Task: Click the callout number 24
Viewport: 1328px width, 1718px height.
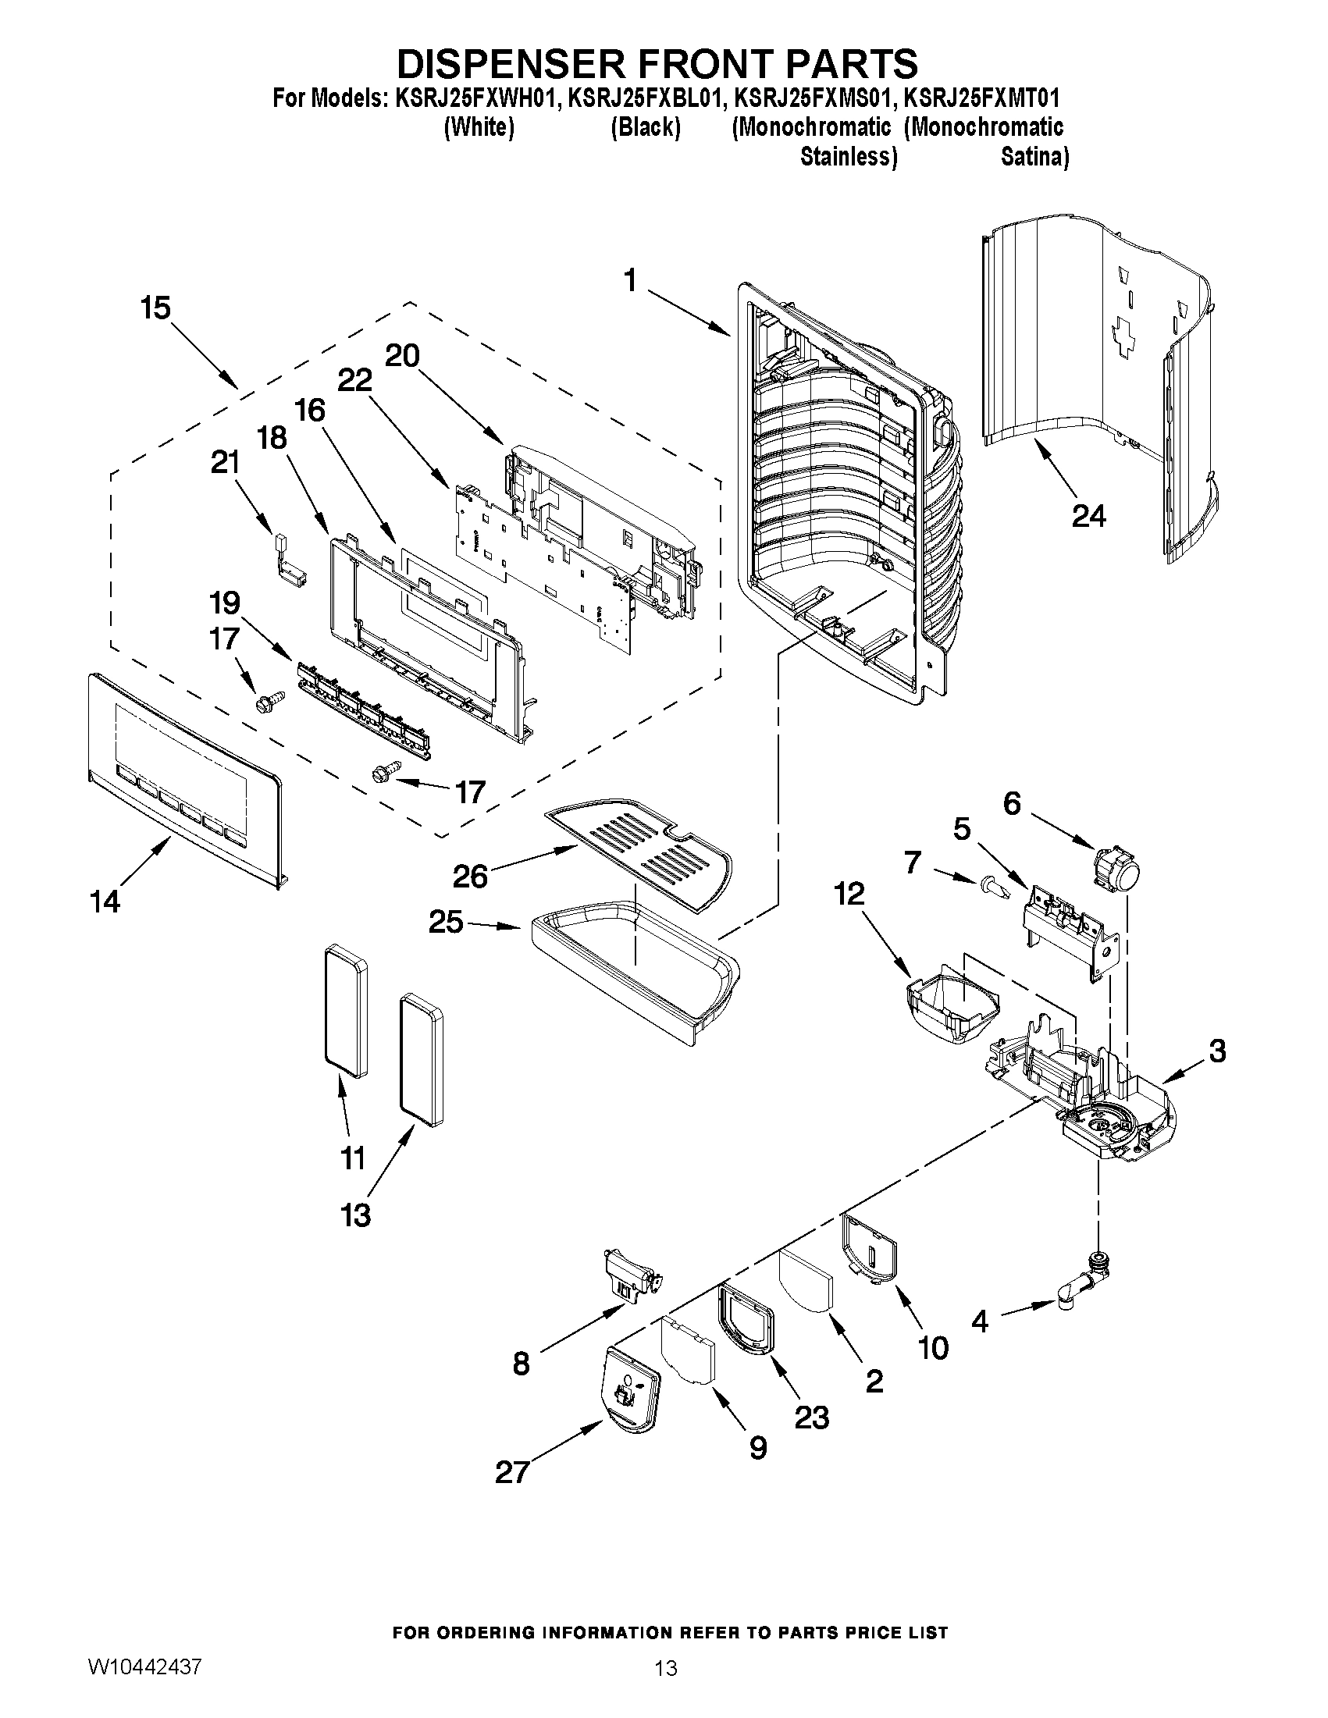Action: point(1089,516)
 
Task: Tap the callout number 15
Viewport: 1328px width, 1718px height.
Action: point(156,308)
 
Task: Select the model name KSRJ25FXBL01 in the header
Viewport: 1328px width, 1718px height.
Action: point(643,98)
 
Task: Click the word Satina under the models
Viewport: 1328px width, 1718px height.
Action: point(1034,158)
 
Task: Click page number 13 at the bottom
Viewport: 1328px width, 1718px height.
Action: point(665,1669)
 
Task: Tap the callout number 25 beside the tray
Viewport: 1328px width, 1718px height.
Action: point(446,921)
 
